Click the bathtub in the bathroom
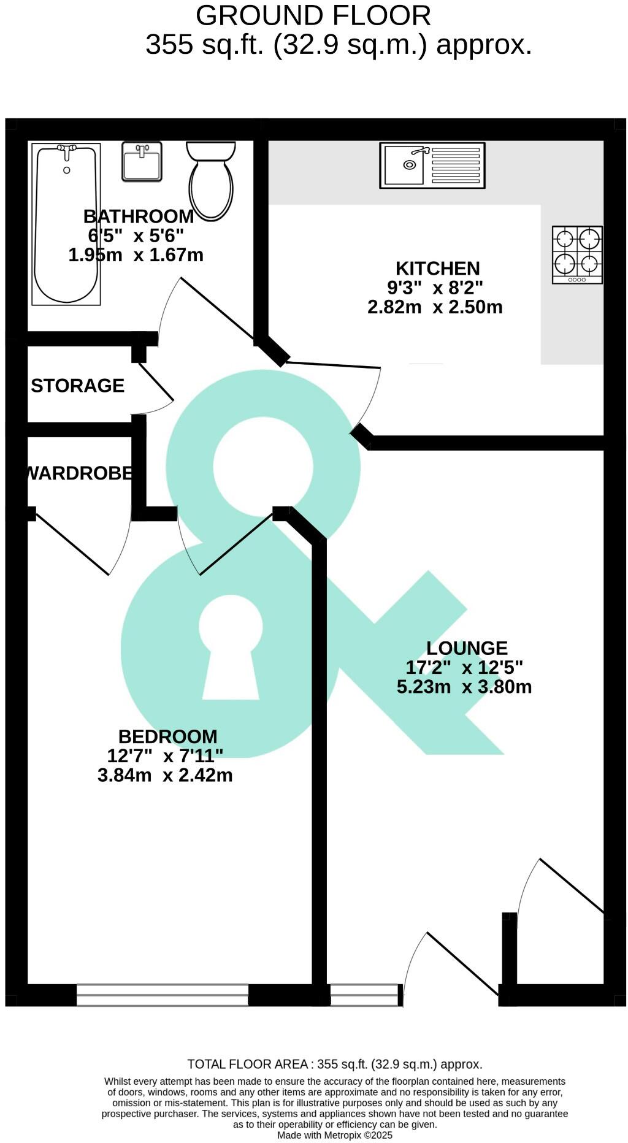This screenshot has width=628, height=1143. pyautogui.click(x=66, y=224)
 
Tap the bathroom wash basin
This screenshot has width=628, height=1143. pyautogui.click(x=142, y=162)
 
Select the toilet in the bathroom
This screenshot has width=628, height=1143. pyautogui.click(x=211, y=181)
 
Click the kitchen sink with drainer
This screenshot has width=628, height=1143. pyautogui.click(x=432, y=166)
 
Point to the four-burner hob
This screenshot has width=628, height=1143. pyautogui.click(x=577, y=255)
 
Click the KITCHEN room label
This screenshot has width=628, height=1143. pyautogui.click(x=437, y=269)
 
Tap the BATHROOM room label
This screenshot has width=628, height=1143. pyautogui.click(x=139, y=216)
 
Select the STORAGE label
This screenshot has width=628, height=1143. pyautogui.click(x=78, y=386)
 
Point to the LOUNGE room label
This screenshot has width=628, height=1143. pyautogui.click(x=467, y=648)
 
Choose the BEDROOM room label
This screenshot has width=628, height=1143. pyautogui.click(x=167, y=736)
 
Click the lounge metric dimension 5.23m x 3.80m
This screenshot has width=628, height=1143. pyautogui.click(x=464, y=687)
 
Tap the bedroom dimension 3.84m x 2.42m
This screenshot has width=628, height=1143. pyautogui.click(x=165, y=775)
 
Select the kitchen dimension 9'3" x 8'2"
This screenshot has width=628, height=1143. pyautogui.click(x=435, y=287)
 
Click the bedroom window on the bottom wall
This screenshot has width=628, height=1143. pyautogui.click(x=163, y=995)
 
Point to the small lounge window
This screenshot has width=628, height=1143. pyautogui.click(x=365, y=995)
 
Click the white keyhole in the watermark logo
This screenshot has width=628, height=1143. pyautogui.click(x=231, y=647)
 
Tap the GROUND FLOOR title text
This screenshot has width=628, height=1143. pyautogui.click(x=313, y=15)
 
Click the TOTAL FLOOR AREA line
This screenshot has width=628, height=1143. pyautogui.click(x=335, y=1064)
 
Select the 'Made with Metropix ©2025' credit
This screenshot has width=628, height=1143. pyautogui.click(x=335, y=1135)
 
